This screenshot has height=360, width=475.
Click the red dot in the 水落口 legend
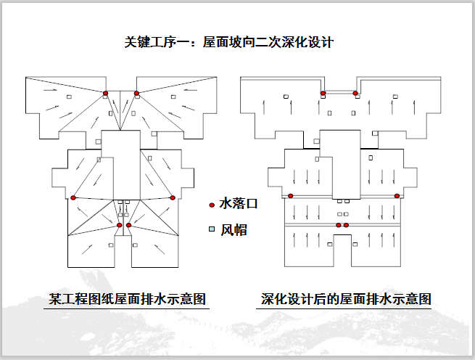[212, 205]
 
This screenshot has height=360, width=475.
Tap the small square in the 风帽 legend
[212, 229]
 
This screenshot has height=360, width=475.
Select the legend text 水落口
[239, 205]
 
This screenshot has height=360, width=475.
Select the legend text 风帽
[234, 229]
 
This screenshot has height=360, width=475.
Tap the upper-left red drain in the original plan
[105, 93]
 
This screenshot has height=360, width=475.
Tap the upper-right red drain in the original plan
[136, 93]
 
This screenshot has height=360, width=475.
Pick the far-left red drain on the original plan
[73, 197]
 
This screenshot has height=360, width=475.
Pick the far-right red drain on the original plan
[173, 197]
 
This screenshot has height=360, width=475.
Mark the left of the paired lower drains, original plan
[118, 226]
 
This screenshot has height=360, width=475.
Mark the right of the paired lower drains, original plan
[128, 226]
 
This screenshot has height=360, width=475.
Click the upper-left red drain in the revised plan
[323, 93]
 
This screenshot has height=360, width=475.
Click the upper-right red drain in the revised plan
[355, 93]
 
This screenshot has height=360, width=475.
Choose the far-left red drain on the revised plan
[291, 195]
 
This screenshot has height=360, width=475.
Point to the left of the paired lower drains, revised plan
[339, 226]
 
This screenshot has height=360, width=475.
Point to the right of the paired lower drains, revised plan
[346, 226]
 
